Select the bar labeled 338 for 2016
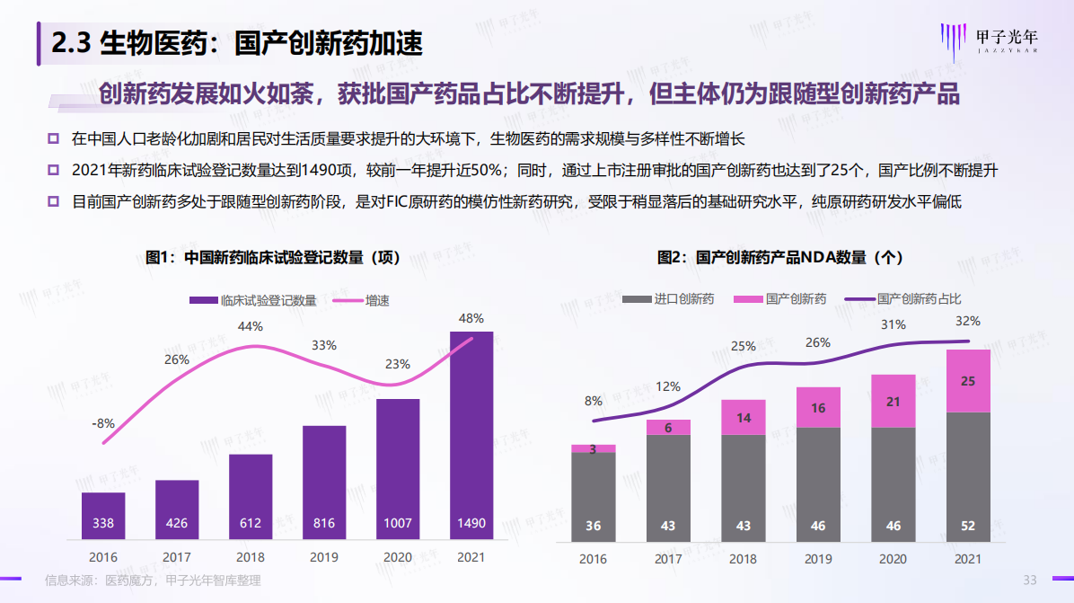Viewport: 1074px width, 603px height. point(103,516)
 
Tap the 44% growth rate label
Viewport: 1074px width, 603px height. point(251,326)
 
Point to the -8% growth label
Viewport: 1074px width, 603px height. point(103,422)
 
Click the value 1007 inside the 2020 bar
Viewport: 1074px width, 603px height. point(398,523)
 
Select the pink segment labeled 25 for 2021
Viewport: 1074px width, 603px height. point(968,381)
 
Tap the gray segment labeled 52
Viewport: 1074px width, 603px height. point(968,476)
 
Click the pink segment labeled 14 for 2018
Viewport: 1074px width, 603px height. point(743,417)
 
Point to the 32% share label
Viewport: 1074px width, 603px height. point(968,321)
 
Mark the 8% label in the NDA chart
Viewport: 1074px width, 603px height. point(594,401)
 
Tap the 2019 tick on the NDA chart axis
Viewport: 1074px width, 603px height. point(818,559)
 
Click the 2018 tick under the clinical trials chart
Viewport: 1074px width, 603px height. point(251,557)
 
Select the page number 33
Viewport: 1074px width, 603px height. point(1031,580)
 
